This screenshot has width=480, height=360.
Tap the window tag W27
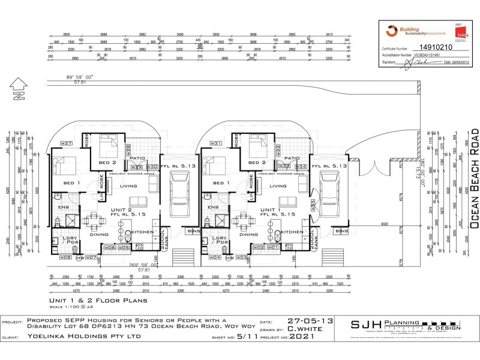click(66, 143)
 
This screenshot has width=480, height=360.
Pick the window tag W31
click(216, 143)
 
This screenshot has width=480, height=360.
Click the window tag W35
click(313, 218)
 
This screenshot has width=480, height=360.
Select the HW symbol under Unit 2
click(80, 258)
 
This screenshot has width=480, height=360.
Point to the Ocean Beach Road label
click(475, 178)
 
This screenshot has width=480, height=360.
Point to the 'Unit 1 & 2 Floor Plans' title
click(98, 302)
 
